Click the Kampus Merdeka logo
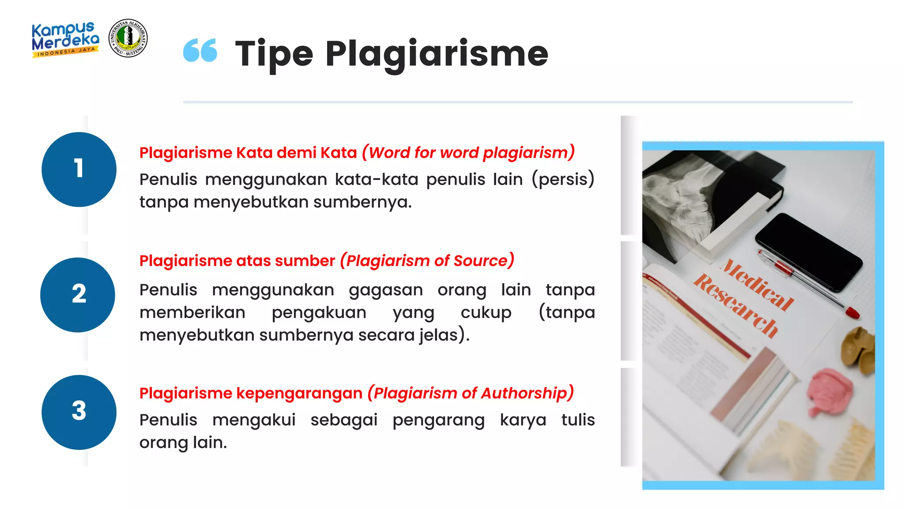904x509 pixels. point(65,39)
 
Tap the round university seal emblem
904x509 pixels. point(128,38)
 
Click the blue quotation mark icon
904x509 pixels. point(200,50)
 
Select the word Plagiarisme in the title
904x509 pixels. point(437,54)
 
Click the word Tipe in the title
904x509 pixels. point(274,54)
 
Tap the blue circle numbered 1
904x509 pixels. point(79,169)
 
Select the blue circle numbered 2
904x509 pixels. point(78,295)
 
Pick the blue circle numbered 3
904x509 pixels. point(79,412)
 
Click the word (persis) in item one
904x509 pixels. point(563,179)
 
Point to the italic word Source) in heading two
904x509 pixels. point(484,261)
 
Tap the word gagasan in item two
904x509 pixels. point(385,290)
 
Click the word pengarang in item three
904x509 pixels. point(438,420)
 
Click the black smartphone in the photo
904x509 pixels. point(809,251)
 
